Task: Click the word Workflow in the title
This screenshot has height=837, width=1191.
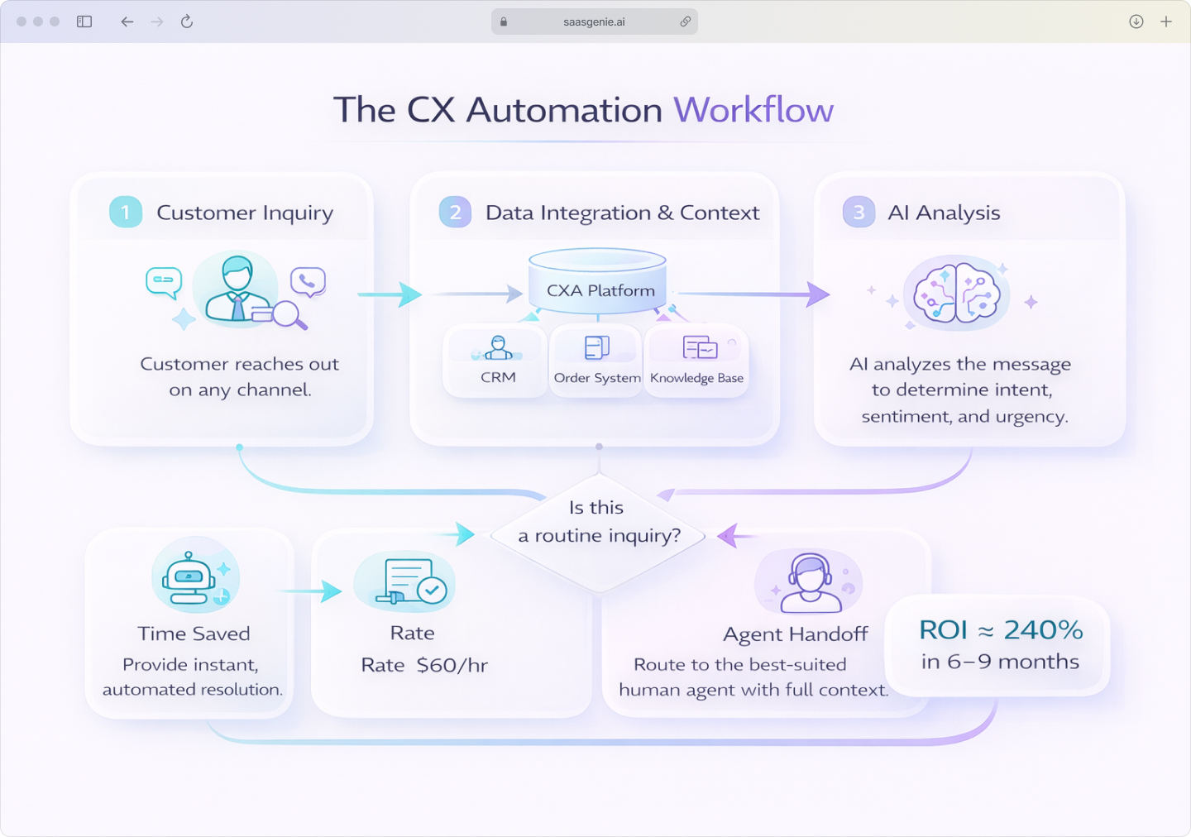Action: (753, 110)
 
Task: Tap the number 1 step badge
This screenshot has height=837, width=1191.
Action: (126, 213)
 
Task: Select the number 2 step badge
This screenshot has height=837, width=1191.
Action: (455, 213)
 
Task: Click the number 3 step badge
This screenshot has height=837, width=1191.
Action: (859, 213)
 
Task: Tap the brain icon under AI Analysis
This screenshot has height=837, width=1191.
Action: (957, 294)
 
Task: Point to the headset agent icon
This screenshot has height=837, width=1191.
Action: (809, 582)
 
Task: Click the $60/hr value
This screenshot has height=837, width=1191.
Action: (452, 665)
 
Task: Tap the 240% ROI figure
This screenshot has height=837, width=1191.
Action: (1043, 630)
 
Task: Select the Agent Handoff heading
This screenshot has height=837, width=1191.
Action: (795, 634)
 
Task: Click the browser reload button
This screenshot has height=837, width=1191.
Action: (187, 22)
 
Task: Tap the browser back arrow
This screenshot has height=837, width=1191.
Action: (127, 22)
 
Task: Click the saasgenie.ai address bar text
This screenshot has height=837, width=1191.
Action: (594, 22)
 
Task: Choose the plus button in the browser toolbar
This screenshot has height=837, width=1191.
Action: (1166, 22)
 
